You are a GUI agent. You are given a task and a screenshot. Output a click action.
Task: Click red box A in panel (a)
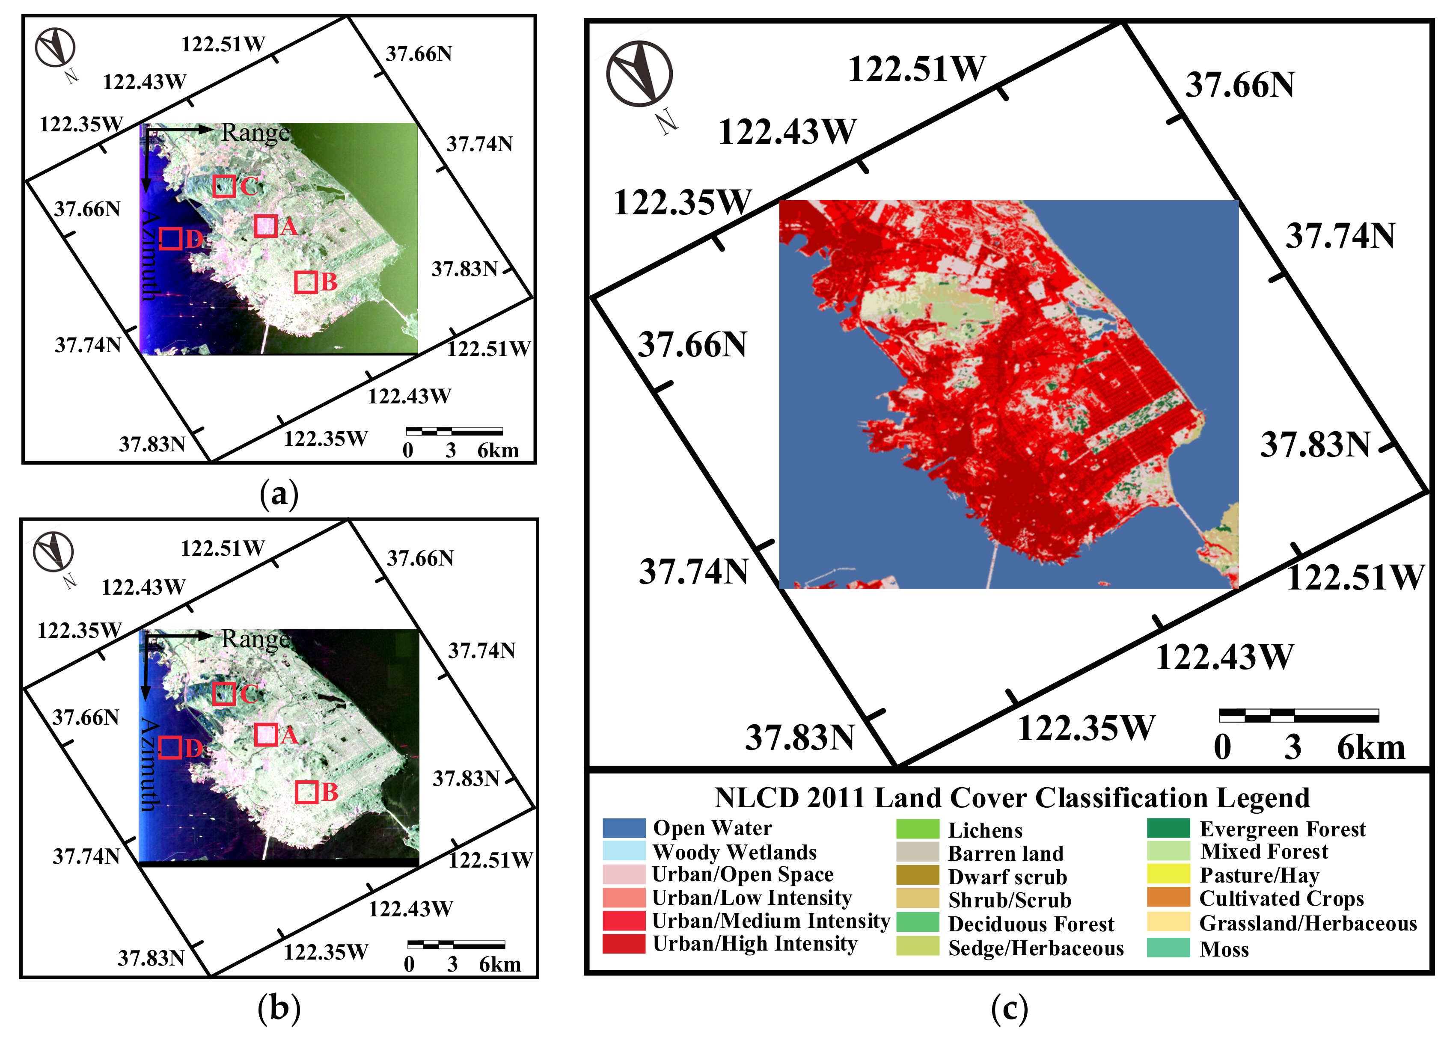point(266,226)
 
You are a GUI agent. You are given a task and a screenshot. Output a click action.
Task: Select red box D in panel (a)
point(170,238)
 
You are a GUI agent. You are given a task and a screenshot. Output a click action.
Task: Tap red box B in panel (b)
point(306,792)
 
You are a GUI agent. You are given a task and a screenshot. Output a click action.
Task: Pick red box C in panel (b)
point(223,693)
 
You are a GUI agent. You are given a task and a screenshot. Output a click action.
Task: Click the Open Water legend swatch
point(624,828)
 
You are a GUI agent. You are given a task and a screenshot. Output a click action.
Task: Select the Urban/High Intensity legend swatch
point(624,944)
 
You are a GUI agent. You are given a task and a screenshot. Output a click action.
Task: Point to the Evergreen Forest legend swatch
point(1168,828)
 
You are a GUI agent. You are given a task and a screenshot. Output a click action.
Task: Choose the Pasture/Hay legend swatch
point(1168,874)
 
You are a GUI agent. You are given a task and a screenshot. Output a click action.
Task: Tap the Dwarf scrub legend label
point(1007,877)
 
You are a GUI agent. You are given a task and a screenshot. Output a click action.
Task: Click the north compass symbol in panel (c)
point(639,74)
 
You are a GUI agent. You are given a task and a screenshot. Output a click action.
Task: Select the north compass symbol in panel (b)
point(53,552)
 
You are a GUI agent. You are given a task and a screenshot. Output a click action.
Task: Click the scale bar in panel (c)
point(1298,715)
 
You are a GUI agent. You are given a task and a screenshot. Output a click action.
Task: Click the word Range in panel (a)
point(256,133)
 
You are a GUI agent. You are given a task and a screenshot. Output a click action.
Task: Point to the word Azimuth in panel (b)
point(149,764)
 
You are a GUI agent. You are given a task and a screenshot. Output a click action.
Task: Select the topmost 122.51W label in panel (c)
point(917,69)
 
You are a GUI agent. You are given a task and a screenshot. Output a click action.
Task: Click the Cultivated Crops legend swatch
point(1168,897)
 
